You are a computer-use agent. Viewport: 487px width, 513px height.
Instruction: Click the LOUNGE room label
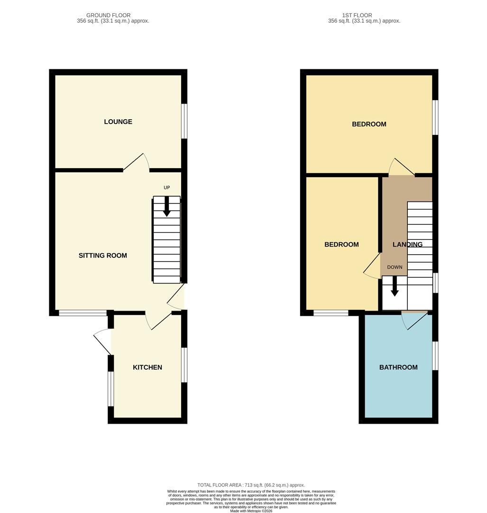point(118,122)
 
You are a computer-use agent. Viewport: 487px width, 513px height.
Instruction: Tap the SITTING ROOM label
point(103,256)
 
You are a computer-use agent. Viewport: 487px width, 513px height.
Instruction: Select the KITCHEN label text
point(147,367)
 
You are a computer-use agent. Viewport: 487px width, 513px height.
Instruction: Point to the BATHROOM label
point(398,367)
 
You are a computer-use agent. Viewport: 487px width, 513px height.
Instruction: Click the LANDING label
point(407,245)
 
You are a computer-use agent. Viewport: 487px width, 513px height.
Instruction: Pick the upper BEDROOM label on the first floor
point(369,124)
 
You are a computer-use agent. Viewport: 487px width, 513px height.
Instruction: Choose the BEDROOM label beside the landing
point(341,245)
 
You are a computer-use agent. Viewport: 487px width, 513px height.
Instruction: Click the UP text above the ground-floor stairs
point(166,188)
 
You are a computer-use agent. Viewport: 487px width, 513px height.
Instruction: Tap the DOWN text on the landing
point(395,267)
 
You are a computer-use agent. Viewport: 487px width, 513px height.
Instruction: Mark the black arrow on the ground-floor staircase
point(166,207)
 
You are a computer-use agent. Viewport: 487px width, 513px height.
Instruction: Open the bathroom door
point(414,321)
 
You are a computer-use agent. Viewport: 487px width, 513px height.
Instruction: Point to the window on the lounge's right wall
point(184,121)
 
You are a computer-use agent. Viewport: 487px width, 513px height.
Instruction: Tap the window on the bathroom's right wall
point(435,355)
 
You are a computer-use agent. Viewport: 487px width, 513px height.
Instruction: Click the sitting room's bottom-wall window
point(83,313)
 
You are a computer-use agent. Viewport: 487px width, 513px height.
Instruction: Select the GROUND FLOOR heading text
point(109,15)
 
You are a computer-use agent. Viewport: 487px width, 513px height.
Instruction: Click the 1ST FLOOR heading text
point(357,15)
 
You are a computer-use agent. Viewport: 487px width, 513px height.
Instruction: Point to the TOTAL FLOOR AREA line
point(251,485)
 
